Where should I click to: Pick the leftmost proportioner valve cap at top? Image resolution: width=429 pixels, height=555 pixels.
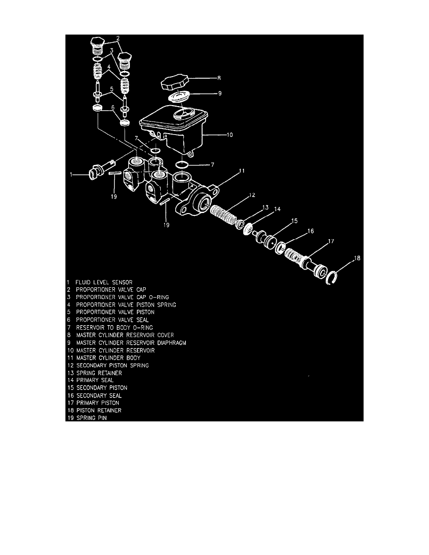[x=97, y=46]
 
